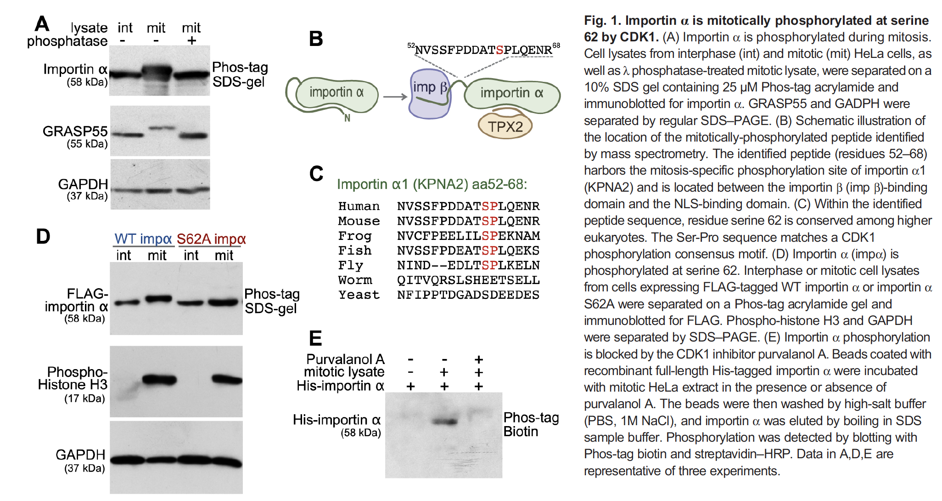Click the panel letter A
(x=42, y=23)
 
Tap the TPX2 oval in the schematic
(x=505, y=126)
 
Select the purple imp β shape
(x=430, y=94)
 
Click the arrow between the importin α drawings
(x=395, y=97)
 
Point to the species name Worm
(x=355, y=280)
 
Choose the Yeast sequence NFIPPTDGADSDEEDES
(x=468, y=295)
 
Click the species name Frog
(x=354, y=236)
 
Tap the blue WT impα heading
(x=143, y=239)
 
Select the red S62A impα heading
(x=211, y=239)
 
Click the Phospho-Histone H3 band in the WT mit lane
(x=159, y=380)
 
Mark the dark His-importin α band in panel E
(x=444, y=421)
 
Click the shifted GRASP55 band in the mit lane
(x=162, y=128)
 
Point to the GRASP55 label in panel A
(x=75, y=131)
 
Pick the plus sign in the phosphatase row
(x=191, y=40)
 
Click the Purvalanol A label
(x=345, y=359)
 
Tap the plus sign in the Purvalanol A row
(x=479, y=359)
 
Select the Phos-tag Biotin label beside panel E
(x=531, y=424)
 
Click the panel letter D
(x=43, y=237)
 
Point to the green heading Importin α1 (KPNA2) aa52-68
(x=432, y=184)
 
